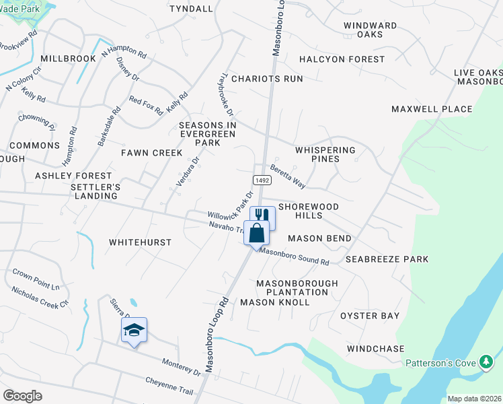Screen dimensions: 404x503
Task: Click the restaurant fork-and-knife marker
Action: (x=263, y=215)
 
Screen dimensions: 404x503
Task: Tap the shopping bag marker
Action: (x=256, y=233)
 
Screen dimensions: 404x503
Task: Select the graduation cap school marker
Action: (x=134, y=330)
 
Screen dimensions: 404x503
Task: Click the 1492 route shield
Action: (x=262, y=180)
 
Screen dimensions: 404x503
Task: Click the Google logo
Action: (x=22, y=396)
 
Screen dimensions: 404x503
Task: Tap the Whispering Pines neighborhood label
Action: (x=325, y=154)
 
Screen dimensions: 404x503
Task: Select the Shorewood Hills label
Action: (x=308, y=211)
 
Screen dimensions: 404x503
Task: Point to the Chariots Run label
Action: (x=267, y=79)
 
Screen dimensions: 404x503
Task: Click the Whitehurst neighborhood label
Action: (x=140, y=242)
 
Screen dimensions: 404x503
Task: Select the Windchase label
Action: (x=376, y=349)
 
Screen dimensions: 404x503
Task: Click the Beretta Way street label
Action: (x=288, y=177)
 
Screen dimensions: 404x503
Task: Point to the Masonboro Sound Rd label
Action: (x=295, y=257)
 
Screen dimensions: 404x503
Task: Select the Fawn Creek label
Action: (x=147, y=153)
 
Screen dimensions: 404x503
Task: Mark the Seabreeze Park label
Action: (x=387, y=259)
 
